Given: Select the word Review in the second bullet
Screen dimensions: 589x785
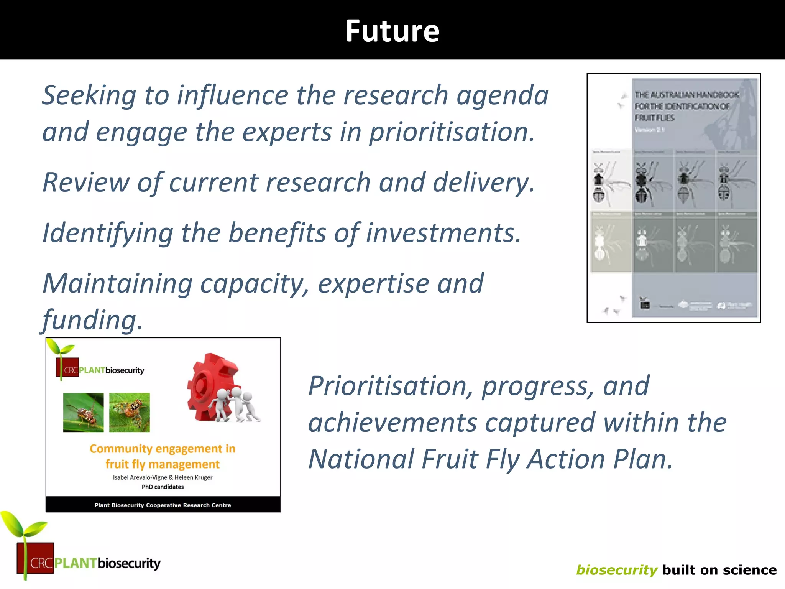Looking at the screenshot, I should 85,182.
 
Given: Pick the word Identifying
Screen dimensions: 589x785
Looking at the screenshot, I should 107,233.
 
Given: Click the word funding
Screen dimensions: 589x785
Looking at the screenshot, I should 92,320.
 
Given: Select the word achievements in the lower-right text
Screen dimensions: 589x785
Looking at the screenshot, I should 392,423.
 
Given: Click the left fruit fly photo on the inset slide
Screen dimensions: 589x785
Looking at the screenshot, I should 83,412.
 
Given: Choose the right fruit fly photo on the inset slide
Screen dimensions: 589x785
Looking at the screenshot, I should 130,412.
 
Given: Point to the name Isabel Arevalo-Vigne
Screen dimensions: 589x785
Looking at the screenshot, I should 140,477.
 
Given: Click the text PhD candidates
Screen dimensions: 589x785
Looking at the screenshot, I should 163,487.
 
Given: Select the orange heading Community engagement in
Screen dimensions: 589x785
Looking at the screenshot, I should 163,449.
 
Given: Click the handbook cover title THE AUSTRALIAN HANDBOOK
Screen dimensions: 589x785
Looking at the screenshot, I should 686,95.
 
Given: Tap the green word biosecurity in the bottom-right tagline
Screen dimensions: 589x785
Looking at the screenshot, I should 617,570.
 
